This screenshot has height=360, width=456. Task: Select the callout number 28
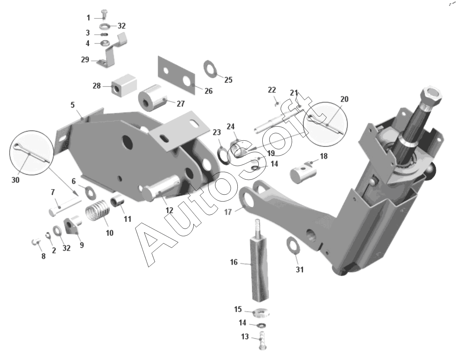pos(96,86)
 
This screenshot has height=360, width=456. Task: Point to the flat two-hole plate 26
pos(176,75)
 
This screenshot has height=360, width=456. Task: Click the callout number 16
pos(234,262)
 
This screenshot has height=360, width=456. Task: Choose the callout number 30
pos(15,180)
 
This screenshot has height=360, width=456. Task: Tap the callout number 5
pos(73,105)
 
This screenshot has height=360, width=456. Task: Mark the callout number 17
pos(228,212)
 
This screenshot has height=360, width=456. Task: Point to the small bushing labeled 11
pos(117,201)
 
